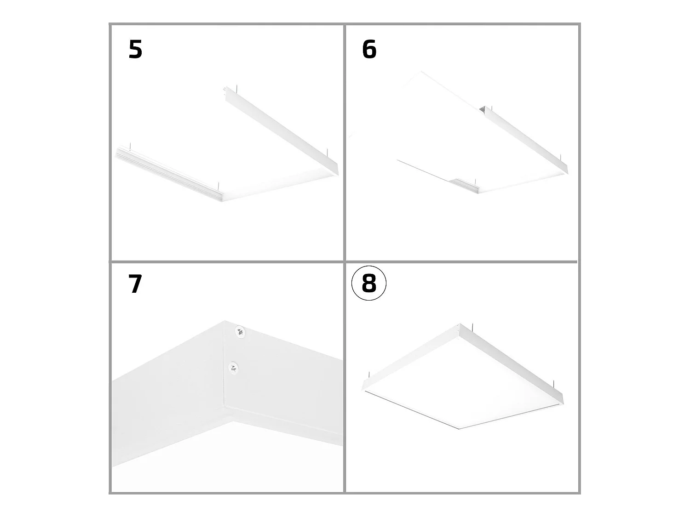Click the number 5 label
[x=136, y=49]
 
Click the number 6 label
[x=369, y=49]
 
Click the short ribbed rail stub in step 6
[x=465, y=186]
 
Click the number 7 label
[x=135, y=284]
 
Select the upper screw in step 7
[x=241, y=331]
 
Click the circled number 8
[x=369, y=284]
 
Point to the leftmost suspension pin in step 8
[x=369, y=375]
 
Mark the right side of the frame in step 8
[x=512, y=364]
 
